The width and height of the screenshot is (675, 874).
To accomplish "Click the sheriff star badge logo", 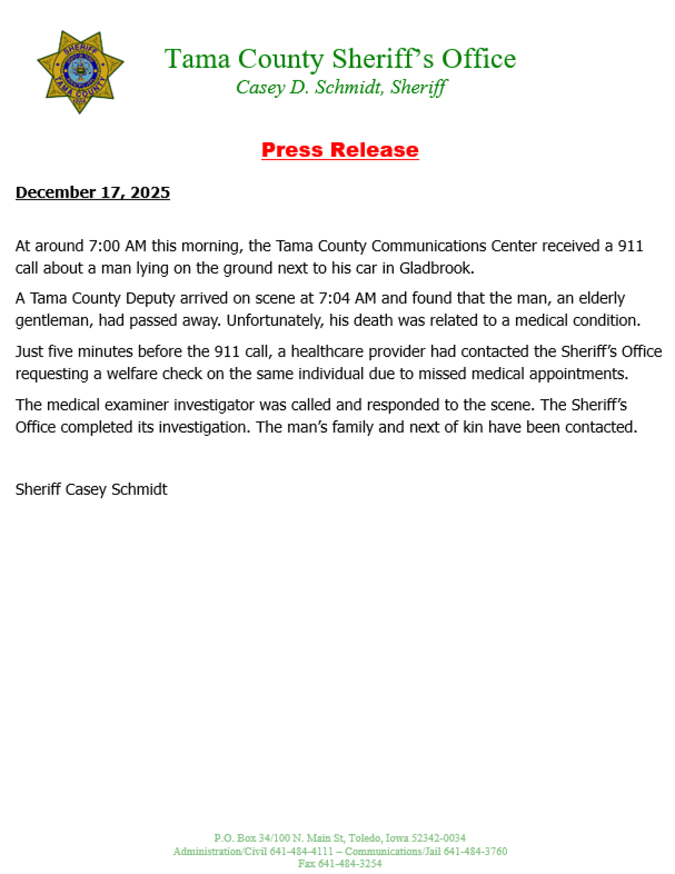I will click(80, 72).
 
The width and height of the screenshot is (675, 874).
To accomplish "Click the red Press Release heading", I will click(340, 150).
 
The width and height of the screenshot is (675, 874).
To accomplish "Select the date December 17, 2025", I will click(92, 192).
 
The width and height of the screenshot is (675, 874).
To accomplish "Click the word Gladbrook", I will click(436, 268).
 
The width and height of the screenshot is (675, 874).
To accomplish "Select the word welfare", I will click(132, 374).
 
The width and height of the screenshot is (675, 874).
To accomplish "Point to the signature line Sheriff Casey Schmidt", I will click(91, 489).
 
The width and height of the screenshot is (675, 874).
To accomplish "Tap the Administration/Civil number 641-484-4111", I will click(301, 851).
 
